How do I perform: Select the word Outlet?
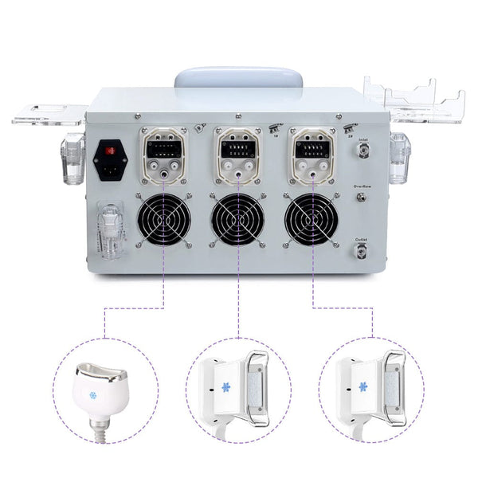(x=363, y=239)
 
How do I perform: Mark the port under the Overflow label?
(x=363, y=198)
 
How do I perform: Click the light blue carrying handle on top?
(x=237, y=78)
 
